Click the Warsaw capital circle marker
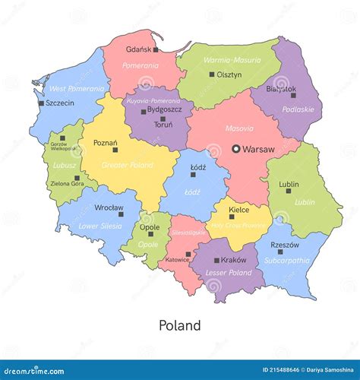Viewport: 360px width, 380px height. coord(236,149)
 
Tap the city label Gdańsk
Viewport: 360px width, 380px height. coord(138,49)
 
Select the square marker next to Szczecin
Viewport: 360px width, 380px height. coord(40,103)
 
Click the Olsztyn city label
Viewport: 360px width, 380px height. coord(229,74)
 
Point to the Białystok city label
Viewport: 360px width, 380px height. coord(281,88)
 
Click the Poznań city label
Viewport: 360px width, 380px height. coord(105,142)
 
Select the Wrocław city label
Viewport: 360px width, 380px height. coord(89,207)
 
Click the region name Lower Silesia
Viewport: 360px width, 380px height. coord(99,226)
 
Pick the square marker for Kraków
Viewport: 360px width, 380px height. coord(216,260)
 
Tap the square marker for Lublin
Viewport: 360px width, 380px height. coord(289,191)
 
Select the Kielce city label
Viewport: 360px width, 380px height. coord(239,208)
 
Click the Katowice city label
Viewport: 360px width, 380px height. coord(178,259)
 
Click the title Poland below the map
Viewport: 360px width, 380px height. coord(180,325)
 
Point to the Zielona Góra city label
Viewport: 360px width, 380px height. coord(68,184)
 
